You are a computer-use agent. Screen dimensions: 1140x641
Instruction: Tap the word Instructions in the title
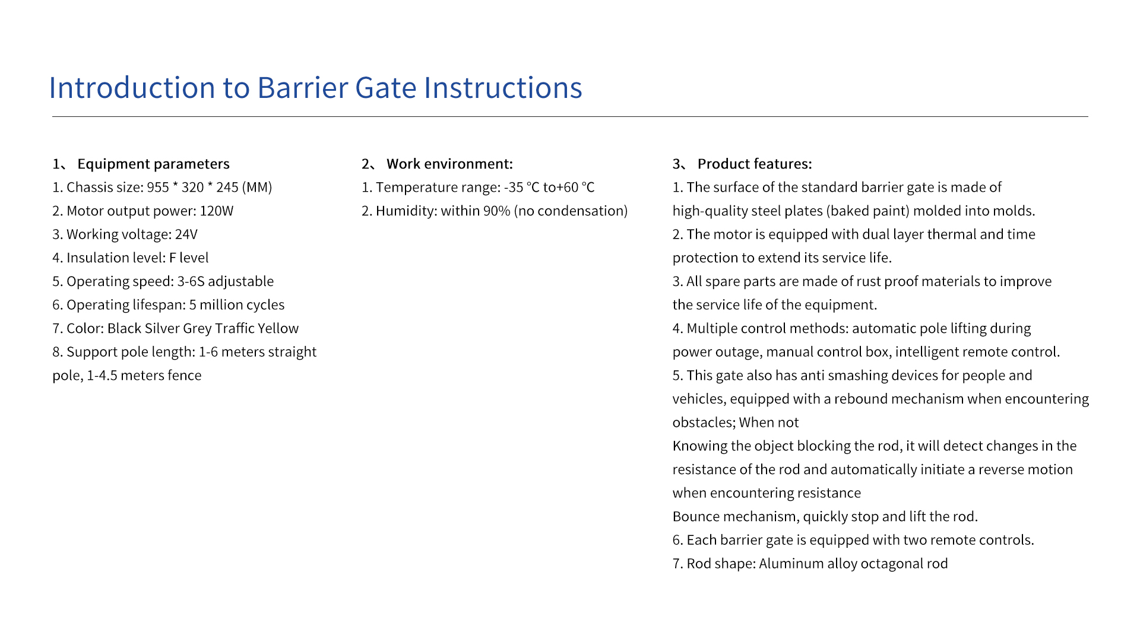pos(503,88)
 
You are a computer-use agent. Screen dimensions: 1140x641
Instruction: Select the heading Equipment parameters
pos(153,164)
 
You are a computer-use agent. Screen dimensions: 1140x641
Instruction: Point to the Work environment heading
pos(449,164)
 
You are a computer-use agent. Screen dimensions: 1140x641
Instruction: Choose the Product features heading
pos(755,164)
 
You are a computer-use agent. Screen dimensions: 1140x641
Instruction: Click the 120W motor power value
pos(217,211)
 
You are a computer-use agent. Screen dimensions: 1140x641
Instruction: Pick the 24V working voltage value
pos(186,234)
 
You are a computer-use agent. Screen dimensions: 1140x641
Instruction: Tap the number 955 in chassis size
pos(158,188)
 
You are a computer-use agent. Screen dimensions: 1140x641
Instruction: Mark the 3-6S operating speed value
pos(191,281)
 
